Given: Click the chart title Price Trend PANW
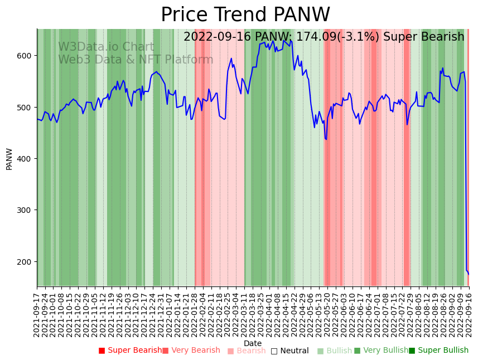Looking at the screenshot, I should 245,15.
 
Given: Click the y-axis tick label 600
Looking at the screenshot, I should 26,56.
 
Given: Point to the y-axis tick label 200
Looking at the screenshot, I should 26,262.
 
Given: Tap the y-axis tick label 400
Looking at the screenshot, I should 26,159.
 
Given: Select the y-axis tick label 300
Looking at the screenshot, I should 26,210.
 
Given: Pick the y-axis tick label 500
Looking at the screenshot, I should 26,107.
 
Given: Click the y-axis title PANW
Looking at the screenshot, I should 9,159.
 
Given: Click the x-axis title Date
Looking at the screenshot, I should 253,343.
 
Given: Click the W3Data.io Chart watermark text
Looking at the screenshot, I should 106,47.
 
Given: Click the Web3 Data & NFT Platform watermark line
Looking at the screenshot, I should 136,60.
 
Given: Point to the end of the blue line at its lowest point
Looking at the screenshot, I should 469,274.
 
